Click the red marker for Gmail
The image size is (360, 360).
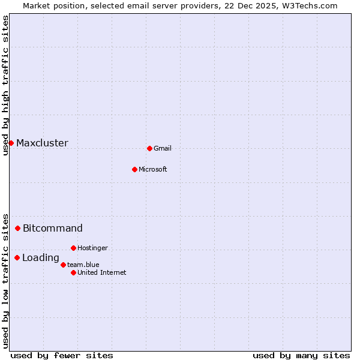point(149,148)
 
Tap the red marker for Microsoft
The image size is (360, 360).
point(134,169)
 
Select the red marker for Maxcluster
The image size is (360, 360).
point(11,143)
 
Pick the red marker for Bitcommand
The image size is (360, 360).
point(18,228)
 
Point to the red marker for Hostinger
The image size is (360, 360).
point(73,248)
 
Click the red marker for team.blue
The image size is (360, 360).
point(63,265)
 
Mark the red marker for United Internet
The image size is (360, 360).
point(73,272)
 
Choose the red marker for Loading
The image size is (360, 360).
point(17,258)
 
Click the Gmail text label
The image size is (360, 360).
point(163,149)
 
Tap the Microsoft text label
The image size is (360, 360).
point(153,170)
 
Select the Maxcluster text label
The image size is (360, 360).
point(42,143)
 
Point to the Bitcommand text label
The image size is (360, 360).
point(53,229)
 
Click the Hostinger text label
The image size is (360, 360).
point(92,248)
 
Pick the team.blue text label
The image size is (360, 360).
point(83,265)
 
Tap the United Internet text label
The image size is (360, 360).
point(102,273)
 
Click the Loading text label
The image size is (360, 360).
point(41,259)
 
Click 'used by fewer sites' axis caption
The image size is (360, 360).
point(62,355)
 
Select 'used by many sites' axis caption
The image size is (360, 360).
point(301,355)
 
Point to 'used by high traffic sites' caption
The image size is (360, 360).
point(5,85)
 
